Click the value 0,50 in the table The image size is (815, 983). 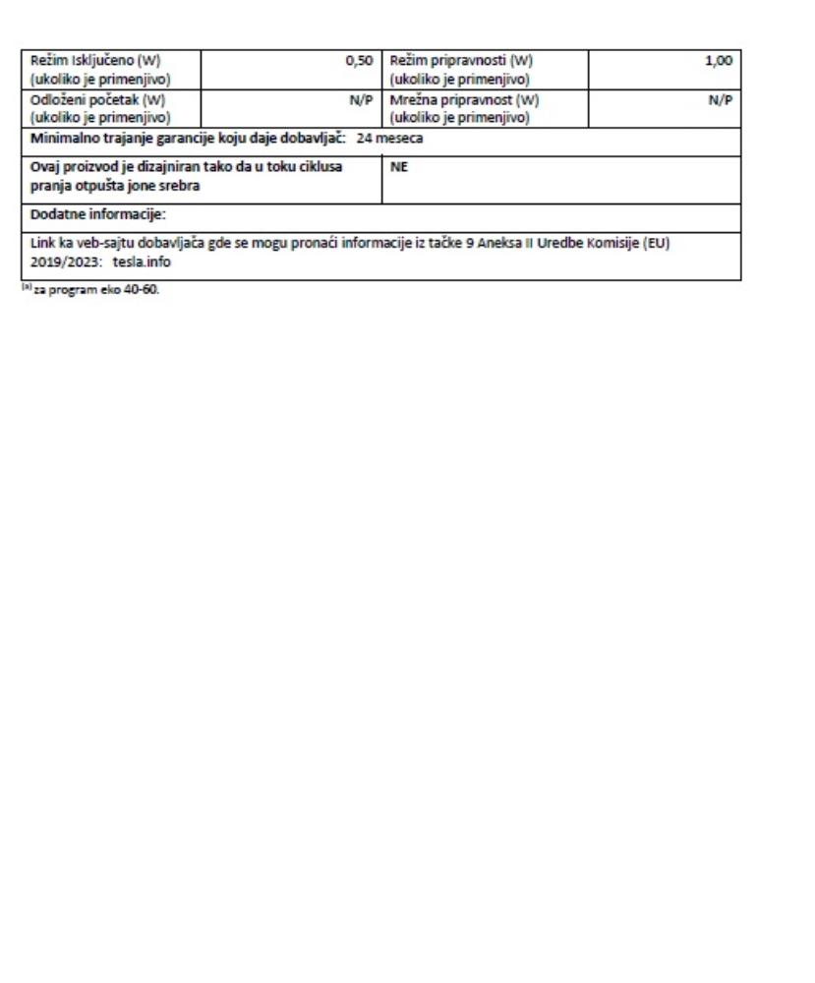[359, 61]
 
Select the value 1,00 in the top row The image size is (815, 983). [719, 61]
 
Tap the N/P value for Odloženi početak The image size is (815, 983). [361, 100]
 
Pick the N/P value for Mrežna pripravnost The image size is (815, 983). [722, 100]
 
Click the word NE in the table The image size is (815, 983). [398, 167]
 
